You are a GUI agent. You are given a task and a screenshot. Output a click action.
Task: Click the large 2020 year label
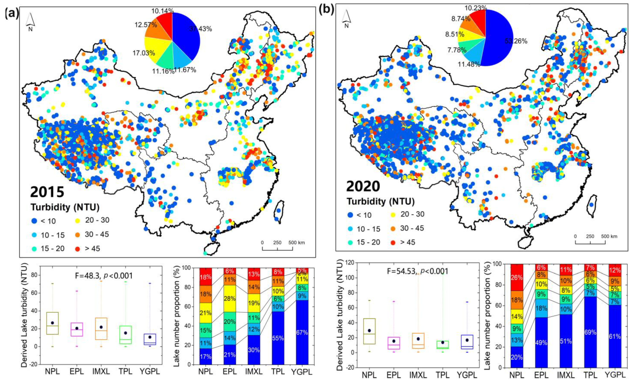coord(363,186)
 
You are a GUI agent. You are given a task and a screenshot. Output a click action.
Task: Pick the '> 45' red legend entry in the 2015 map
coord(87,249)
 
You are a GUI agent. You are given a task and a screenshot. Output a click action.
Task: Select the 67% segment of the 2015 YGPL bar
coord(302,332)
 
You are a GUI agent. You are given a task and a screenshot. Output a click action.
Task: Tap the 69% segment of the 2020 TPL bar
coord(590,332)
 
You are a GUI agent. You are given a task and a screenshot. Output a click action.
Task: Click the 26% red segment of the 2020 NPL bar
coord(517,278)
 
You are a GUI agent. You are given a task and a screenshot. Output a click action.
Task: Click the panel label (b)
coord(326,10)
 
